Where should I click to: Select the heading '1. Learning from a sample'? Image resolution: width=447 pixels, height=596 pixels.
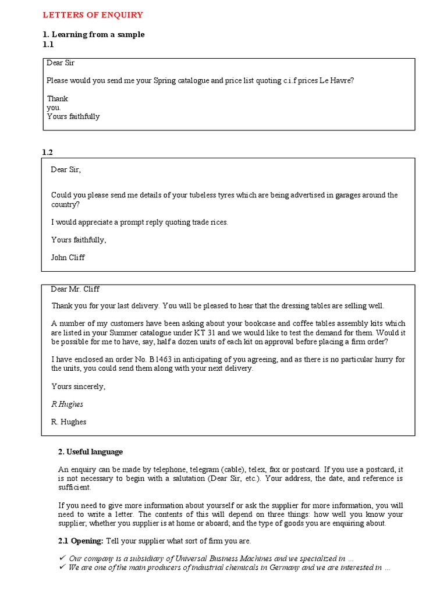[93, 34]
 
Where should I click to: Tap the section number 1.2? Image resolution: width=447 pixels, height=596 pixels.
[48, 152]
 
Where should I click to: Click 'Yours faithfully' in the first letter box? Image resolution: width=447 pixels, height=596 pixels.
[73, 116]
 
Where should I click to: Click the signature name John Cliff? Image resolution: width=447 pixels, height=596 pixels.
[68, 257]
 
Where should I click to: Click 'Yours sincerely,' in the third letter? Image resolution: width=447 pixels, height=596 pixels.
[79, 386]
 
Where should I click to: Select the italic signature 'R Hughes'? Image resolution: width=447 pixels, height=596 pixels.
[67, 404]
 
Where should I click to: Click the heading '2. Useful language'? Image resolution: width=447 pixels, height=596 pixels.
[90, 452]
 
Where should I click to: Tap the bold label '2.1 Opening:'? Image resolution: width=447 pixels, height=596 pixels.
[81, 541]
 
